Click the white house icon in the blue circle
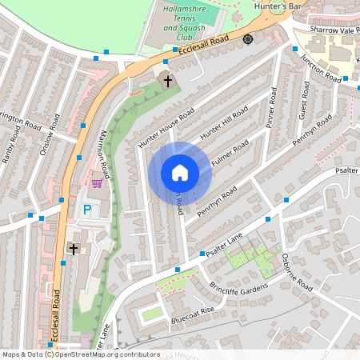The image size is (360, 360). [x=180, y=172]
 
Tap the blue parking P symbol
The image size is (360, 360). [x=87, y=210]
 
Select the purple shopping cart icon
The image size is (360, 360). [x=97, y=183]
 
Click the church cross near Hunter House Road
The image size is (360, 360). [x=167, y=80]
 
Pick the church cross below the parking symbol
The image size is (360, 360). [x=74, y=249]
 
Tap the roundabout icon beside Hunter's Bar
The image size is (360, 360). [x=248, y=38]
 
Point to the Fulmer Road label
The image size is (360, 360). [x=233, y=154]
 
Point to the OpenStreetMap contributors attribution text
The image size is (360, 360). [x=80, y=354]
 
